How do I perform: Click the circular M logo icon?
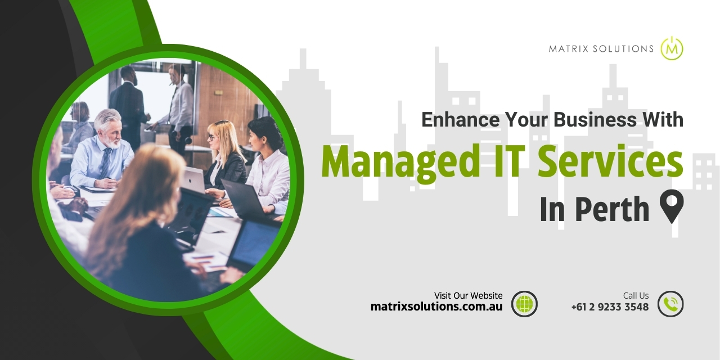click(672, 48)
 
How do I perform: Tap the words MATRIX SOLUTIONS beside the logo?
click(601, 49)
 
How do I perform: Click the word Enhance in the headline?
click(460, 120)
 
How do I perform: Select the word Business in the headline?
click(595, 120)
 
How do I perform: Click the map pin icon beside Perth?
click(672, 206)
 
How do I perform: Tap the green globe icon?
click(524, 304)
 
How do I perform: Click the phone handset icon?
click(670, 304)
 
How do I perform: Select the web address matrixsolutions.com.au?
click(436, 307)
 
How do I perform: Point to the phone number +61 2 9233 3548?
click(610, 307)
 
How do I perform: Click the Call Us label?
click(636, 295)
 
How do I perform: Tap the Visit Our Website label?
click(469, 295)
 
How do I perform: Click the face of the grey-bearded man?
click(111, 131)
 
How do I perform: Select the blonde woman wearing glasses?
click(224, 154)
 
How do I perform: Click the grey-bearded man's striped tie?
click(105, 163)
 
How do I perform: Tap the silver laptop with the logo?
click(194, 180)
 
